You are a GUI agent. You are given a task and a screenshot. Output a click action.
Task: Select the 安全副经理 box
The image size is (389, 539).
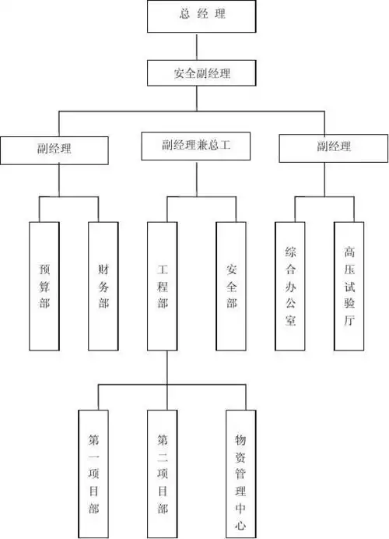pos(202,74)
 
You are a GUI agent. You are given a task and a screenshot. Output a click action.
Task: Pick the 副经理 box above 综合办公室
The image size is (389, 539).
pos(334,146)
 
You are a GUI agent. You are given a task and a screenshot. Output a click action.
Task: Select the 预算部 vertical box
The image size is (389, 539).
pos(44,286)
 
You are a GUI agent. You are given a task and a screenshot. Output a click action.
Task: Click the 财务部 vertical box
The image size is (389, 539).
pos(103,286)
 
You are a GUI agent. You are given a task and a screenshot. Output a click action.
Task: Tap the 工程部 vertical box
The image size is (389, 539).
pos(163,286)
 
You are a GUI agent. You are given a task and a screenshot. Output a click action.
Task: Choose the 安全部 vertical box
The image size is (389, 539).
pos(232,286)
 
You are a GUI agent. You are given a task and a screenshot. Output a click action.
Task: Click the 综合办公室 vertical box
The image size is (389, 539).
pos(291,286)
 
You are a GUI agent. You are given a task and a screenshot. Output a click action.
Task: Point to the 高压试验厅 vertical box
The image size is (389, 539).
pos(349,286)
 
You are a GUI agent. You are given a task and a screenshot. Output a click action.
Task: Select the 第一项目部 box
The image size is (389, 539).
pos(94,473)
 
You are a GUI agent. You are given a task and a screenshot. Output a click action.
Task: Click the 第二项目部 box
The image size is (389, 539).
pos(163,473)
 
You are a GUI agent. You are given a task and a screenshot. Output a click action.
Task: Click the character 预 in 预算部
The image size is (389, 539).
pos(44,268)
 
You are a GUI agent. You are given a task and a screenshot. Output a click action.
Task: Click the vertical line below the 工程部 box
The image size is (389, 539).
pos(167,366)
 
